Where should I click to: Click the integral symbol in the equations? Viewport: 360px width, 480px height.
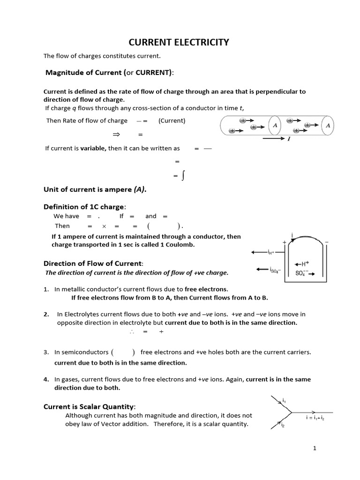point(183,175)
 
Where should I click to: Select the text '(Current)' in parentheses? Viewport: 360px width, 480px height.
point(172,120)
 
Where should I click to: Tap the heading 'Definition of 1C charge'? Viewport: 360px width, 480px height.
point(84,207)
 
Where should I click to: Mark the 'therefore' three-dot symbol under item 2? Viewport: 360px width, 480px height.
point(131,331)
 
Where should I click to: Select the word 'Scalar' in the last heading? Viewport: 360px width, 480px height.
point(90,406)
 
